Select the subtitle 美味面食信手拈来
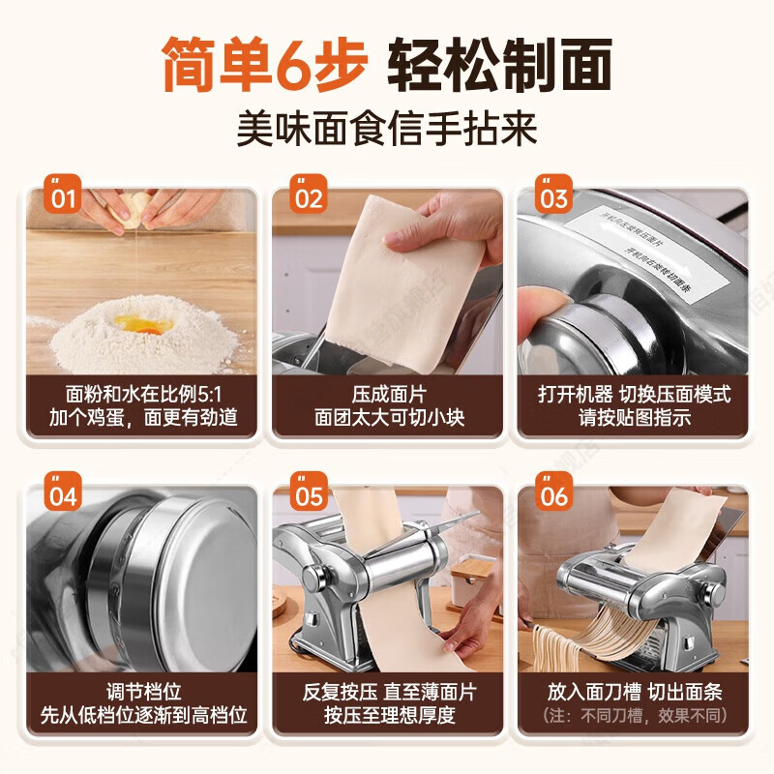point(387,128)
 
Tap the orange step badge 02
point(309,199)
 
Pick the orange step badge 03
point(553,199)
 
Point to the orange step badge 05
point(309,497)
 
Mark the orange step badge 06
point(553,497)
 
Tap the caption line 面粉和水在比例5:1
point(142,395)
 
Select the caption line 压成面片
point(387,395)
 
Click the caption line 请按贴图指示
point(632,419)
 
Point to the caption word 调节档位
point(142,693)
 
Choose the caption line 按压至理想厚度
point(387,717)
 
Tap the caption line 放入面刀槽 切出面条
point(632,693)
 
